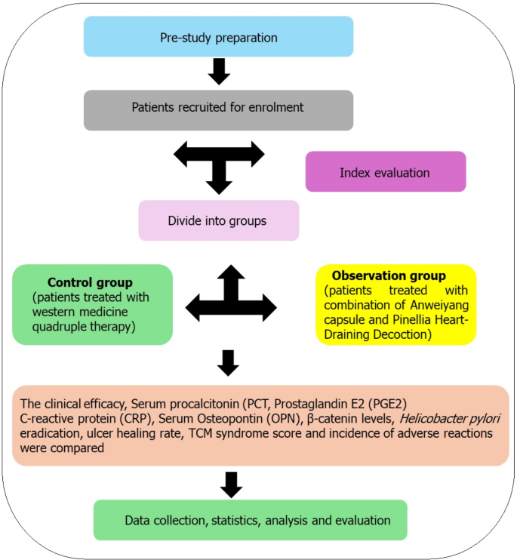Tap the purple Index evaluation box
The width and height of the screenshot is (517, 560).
coord(385,171)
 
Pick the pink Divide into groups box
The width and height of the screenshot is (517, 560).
coord(219,220)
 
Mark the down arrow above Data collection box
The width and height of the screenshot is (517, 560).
coord(230,483)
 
